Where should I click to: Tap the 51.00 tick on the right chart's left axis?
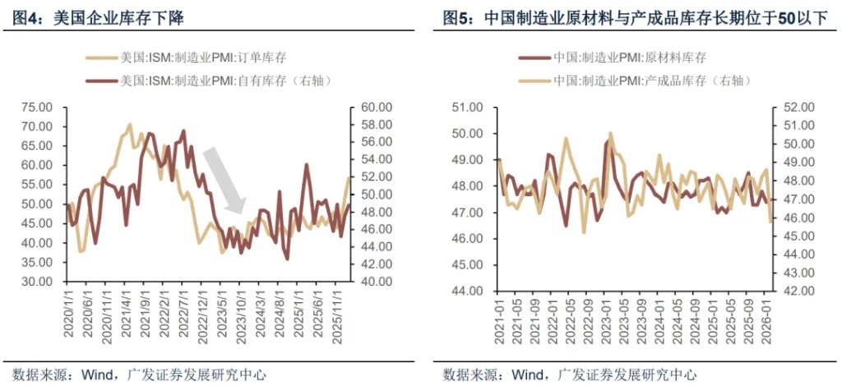click(x=469, y=107)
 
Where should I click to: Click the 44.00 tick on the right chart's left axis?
click(x=469, y=291)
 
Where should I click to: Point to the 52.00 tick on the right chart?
click(x=797, y=107)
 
